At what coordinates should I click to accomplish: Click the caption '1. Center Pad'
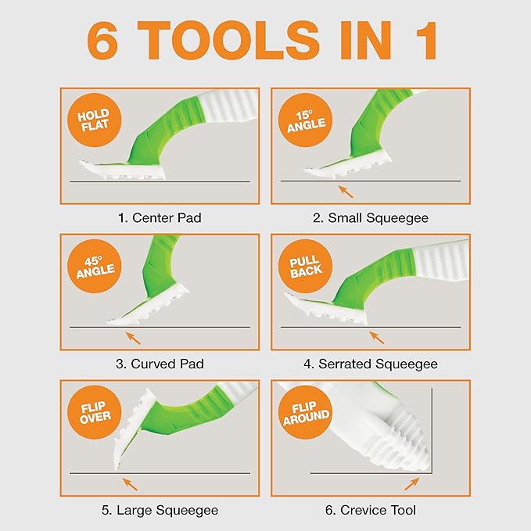tap(160, 218)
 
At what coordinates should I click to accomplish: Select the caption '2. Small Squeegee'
tap(370, 218)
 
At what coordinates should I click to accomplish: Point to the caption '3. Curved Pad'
tap(160, 364)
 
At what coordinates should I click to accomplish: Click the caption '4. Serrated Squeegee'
tap(370, 364)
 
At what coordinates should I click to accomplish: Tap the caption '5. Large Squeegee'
tap(160, 510)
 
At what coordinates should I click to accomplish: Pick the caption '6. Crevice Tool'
tap(370, 510)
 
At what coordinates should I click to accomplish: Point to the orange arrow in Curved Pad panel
tap(135, 337)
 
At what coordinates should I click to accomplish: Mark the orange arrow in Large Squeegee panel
tap(128, 483)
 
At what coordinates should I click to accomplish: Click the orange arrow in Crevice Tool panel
tap(411, 482)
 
